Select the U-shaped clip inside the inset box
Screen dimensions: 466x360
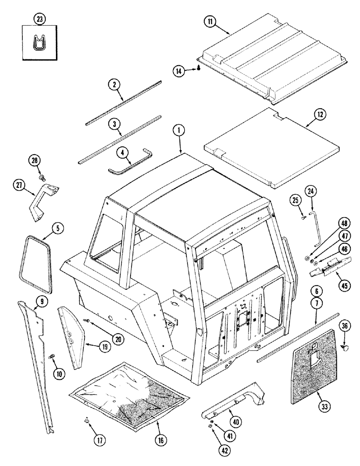[x=39, y=43]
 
